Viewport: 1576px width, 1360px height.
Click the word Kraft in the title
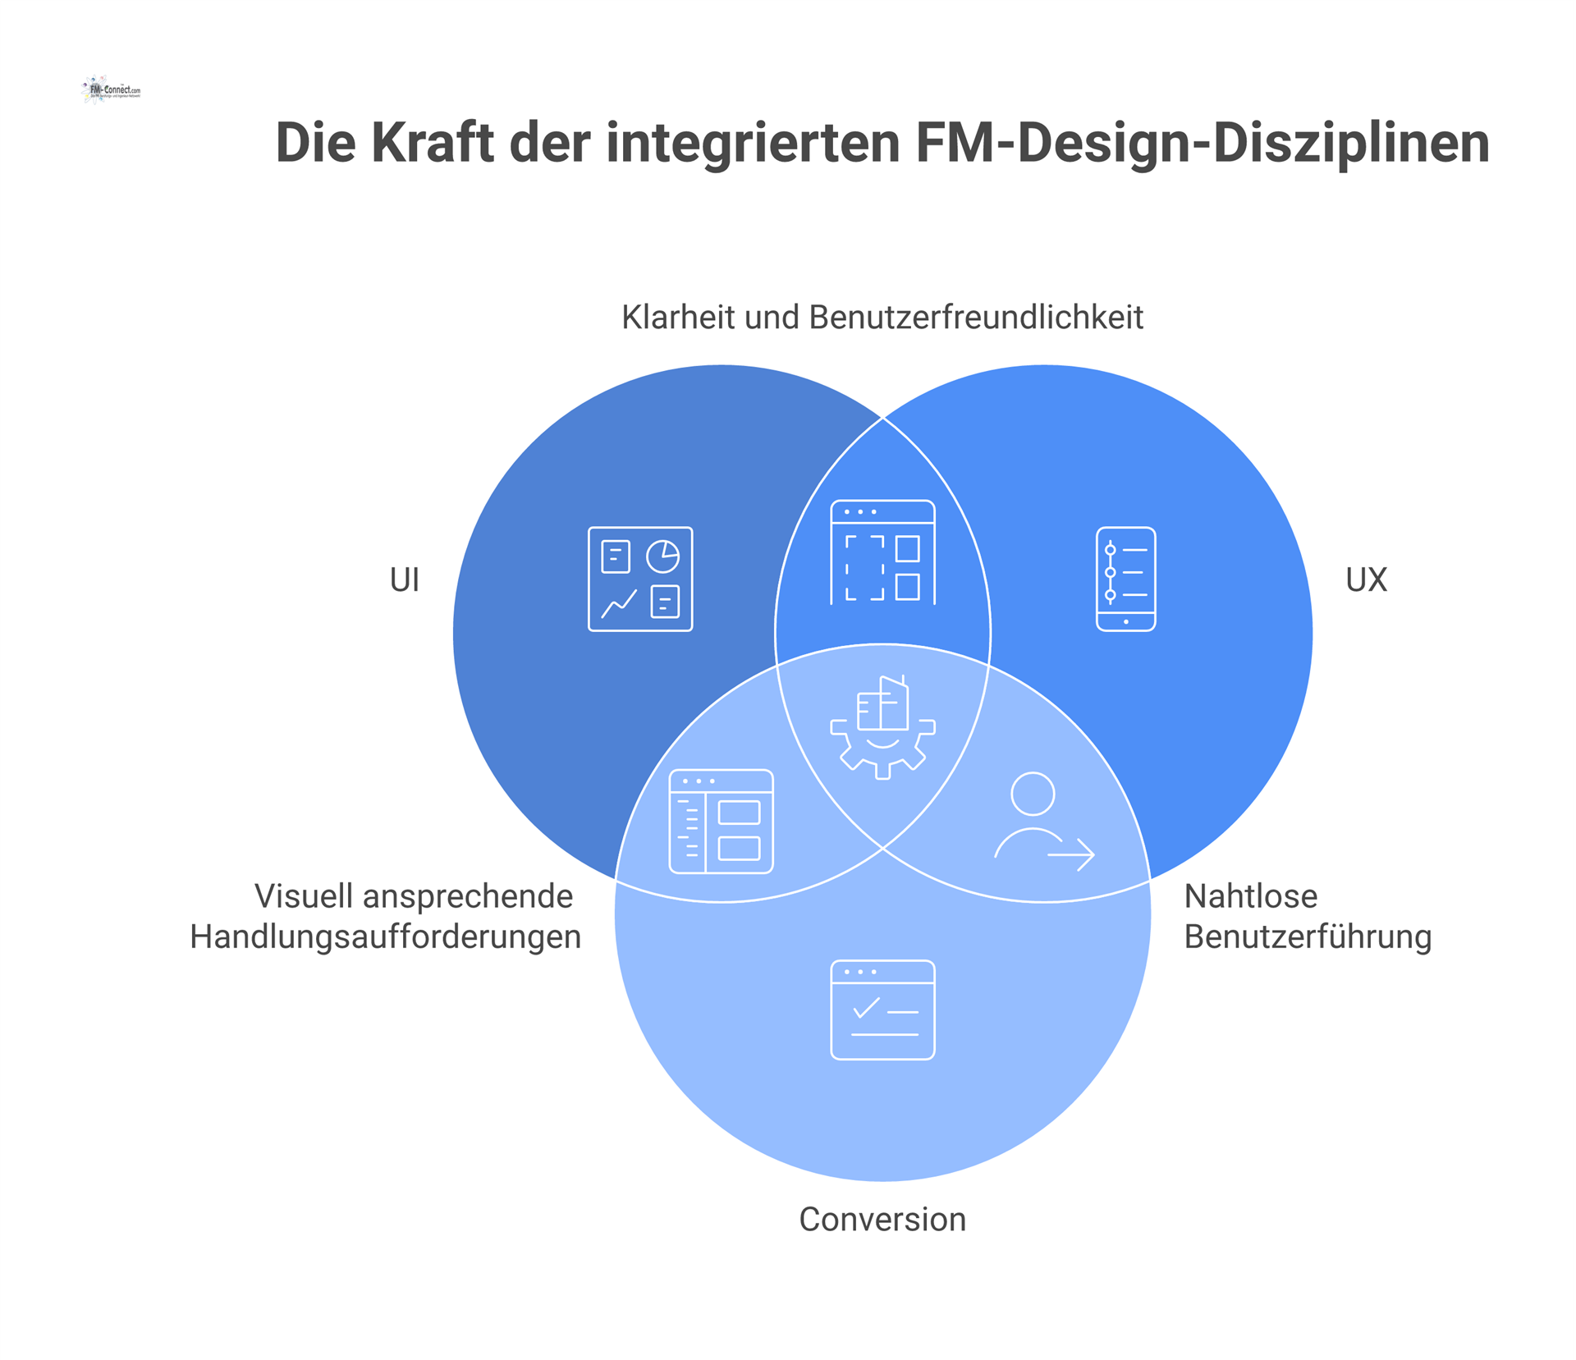click(432, 143)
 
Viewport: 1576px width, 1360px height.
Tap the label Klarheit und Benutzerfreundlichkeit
click(882, 318)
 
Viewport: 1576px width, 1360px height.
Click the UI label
click(404, 580)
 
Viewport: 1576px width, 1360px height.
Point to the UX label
click(1366, 580)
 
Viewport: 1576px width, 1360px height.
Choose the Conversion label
click(882, 1220)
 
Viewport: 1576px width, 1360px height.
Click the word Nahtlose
click(1250, 896)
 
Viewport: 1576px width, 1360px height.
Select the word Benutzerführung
click(1308, 937)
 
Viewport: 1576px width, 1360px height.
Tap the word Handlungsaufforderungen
click(385, 937)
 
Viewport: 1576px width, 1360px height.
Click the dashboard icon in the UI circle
click(640, 579)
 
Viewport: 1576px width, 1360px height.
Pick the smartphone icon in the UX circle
click(1125, 579)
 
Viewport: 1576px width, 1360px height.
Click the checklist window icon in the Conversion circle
click(882, 1010)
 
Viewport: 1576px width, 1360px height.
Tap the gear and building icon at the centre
click(882, 726)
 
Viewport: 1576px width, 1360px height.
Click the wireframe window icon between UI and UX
click(882, 552)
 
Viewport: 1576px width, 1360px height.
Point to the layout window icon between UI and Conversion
click(721, 821)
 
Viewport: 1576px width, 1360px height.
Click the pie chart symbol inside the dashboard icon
click(662, 556)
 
